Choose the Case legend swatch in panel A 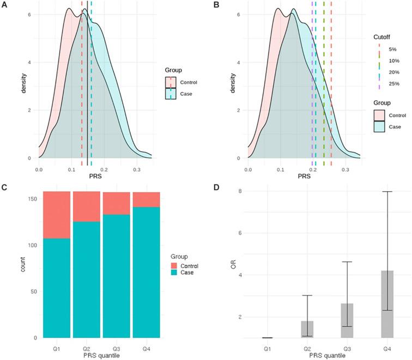(171, 94)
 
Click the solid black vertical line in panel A (87, 82)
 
